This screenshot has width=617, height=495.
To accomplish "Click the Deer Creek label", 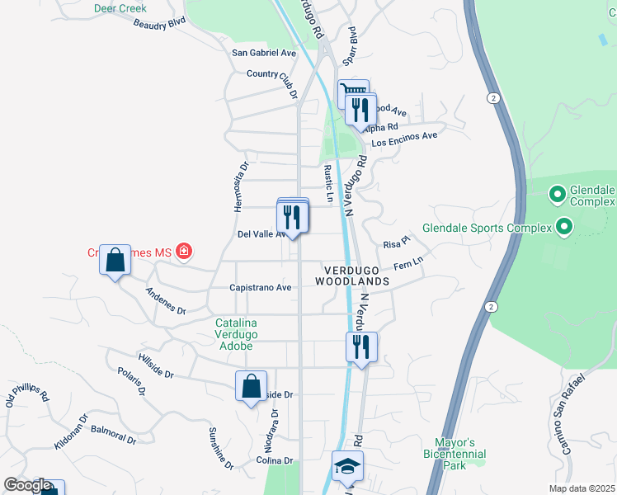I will pos(120,8).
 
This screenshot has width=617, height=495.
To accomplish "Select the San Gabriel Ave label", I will pos(264,53).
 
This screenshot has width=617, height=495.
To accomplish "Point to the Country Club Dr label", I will pos(272,82).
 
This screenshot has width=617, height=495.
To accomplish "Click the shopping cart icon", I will pos(352,93).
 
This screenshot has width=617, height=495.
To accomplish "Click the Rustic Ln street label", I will pos(328,183).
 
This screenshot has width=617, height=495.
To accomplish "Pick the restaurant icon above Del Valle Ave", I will pos(292,216).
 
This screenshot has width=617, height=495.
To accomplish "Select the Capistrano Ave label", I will pos(261,288).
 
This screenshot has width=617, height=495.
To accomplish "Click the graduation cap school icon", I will pos(348,467).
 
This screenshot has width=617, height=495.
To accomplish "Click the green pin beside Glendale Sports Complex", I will pos(564,225).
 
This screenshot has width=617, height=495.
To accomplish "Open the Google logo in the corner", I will pos(26,485).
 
